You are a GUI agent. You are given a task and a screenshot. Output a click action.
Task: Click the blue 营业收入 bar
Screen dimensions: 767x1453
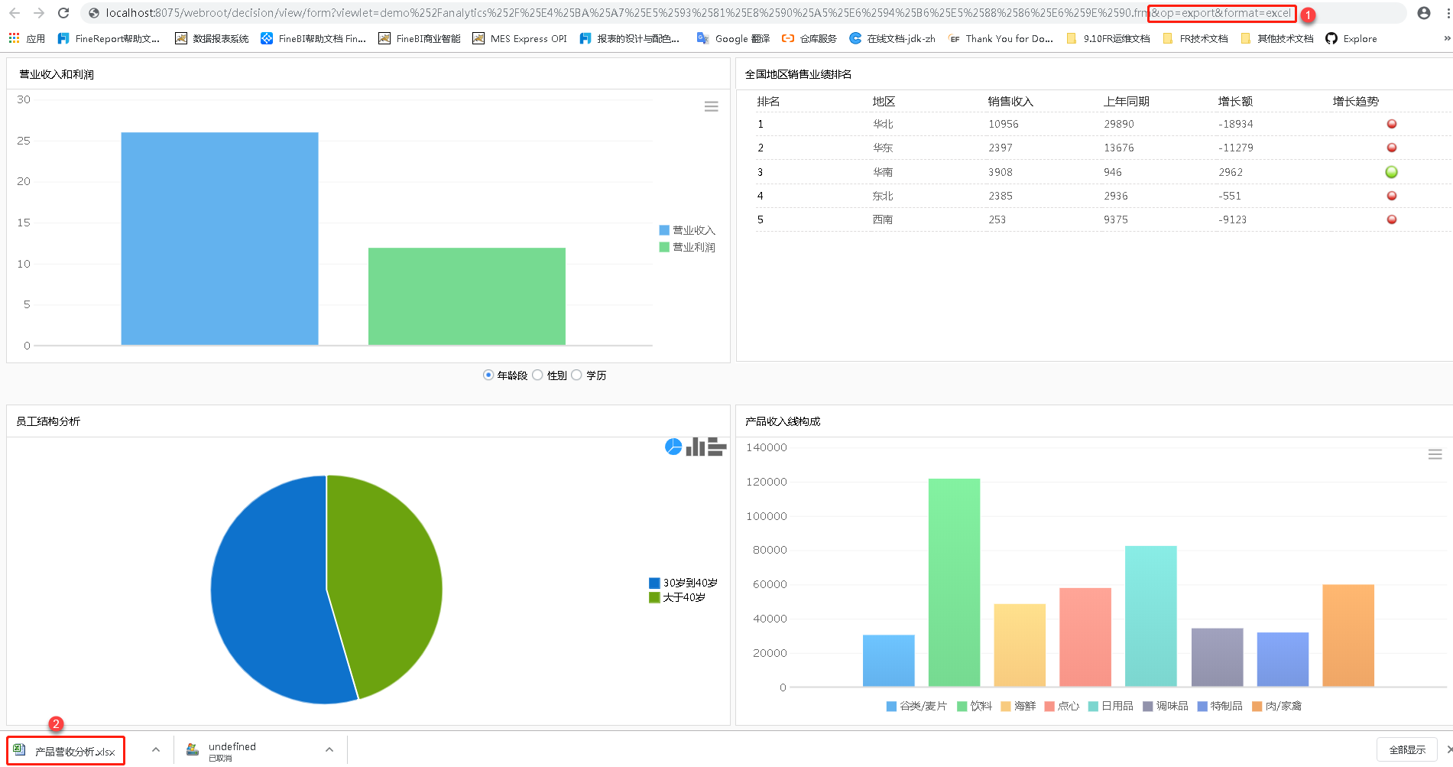pos(219,239)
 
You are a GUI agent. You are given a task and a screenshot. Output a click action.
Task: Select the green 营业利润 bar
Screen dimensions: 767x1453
pos(466,296)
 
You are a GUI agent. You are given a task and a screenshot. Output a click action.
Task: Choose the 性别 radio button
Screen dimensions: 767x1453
pos(538,375)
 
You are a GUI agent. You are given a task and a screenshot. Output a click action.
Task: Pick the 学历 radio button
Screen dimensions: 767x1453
pos(577,375)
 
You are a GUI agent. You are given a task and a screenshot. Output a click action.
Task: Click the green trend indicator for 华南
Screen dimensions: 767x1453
pos(1391,172)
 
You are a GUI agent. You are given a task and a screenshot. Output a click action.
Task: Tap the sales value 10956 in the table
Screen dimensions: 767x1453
pos(1003,124)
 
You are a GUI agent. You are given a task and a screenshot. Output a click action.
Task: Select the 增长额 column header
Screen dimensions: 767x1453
pos(1235,102)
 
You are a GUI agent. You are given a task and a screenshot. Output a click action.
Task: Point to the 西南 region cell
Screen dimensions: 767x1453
pos(883,219)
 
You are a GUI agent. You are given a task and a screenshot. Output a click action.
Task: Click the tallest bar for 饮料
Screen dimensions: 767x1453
pos(954,581)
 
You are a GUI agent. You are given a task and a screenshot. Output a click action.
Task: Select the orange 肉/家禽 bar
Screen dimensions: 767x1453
pos(1348,635)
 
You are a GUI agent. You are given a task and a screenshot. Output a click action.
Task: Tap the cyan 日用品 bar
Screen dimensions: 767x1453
pos(1150,616)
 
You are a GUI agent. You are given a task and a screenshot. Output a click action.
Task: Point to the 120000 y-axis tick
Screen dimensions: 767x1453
pos(766,482)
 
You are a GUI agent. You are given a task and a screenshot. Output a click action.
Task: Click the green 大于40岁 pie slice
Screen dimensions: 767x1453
pos(390,581)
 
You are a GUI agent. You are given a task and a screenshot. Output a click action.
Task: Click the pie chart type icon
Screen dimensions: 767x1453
pos(673,447)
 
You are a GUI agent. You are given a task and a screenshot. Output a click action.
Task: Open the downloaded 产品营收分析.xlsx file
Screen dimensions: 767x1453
pos(66,751)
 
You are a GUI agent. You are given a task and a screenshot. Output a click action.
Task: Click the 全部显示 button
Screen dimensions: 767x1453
pos(1406,749)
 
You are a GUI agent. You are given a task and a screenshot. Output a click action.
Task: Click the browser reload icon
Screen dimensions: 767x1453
pos(63,13)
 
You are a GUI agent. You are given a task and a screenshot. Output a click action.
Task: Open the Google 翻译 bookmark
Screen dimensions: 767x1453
pos(733,38)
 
